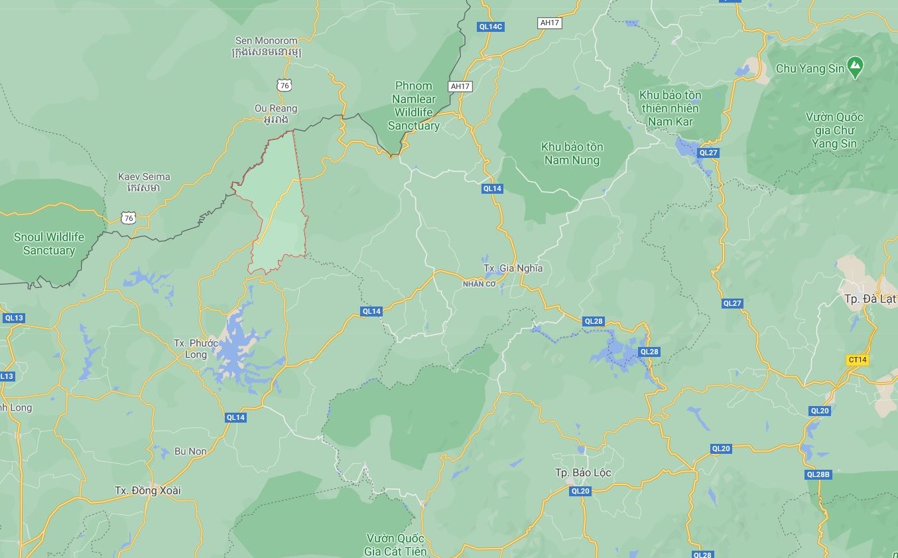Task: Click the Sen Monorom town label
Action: coord(266,46)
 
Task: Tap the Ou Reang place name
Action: coord(276,113)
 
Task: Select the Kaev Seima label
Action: coord(144,182)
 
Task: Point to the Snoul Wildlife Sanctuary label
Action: coord(49,244)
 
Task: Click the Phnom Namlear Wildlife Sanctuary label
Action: coord(413,105)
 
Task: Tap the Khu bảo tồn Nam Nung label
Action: coord(572,153)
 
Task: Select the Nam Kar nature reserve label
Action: coord(670,108)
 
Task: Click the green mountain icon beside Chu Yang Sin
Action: coord(855,66)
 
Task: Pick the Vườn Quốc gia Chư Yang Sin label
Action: coord(834,130)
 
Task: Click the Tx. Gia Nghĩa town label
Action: coord(513,268)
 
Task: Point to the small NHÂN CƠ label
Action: coord(479,284)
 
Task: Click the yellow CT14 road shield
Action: coord(857,360)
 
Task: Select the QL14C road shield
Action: coord(490,27)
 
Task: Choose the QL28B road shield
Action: coord(818,474)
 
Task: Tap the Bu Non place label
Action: coord(190,451)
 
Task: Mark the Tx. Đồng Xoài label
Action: coord(148,490)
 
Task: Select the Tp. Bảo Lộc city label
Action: coord(583,472)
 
